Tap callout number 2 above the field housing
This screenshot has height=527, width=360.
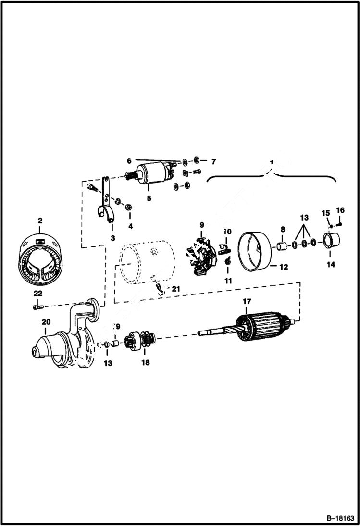pos(40,221)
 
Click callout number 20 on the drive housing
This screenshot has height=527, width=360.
pos(46,322)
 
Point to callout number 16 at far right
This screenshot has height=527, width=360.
pos(340,210)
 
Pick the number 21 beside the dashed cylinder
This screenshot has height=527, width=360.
pos(176,288)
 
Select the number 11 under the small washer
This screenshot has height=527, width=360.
pos(228,281)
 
